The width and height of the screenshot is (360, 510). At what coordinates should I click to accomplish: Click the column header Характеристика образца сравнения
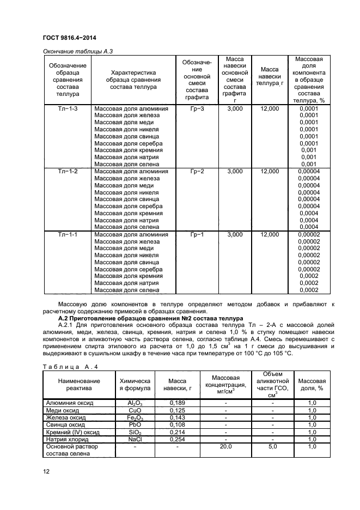[x=133, y=80]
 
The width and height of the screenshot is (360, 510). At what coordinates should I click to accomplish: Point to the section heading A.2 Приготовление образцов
[x=143, y=318]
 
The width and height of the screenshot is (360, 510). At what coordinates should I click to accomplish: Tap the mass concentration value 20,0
[x=225, y=446]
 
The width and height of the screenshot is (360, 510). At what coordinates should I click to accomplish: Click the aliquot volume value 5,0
[x=272, y=446]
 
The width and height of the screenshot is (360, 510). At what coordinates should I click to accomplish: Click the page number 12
[x=47, y=472]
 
